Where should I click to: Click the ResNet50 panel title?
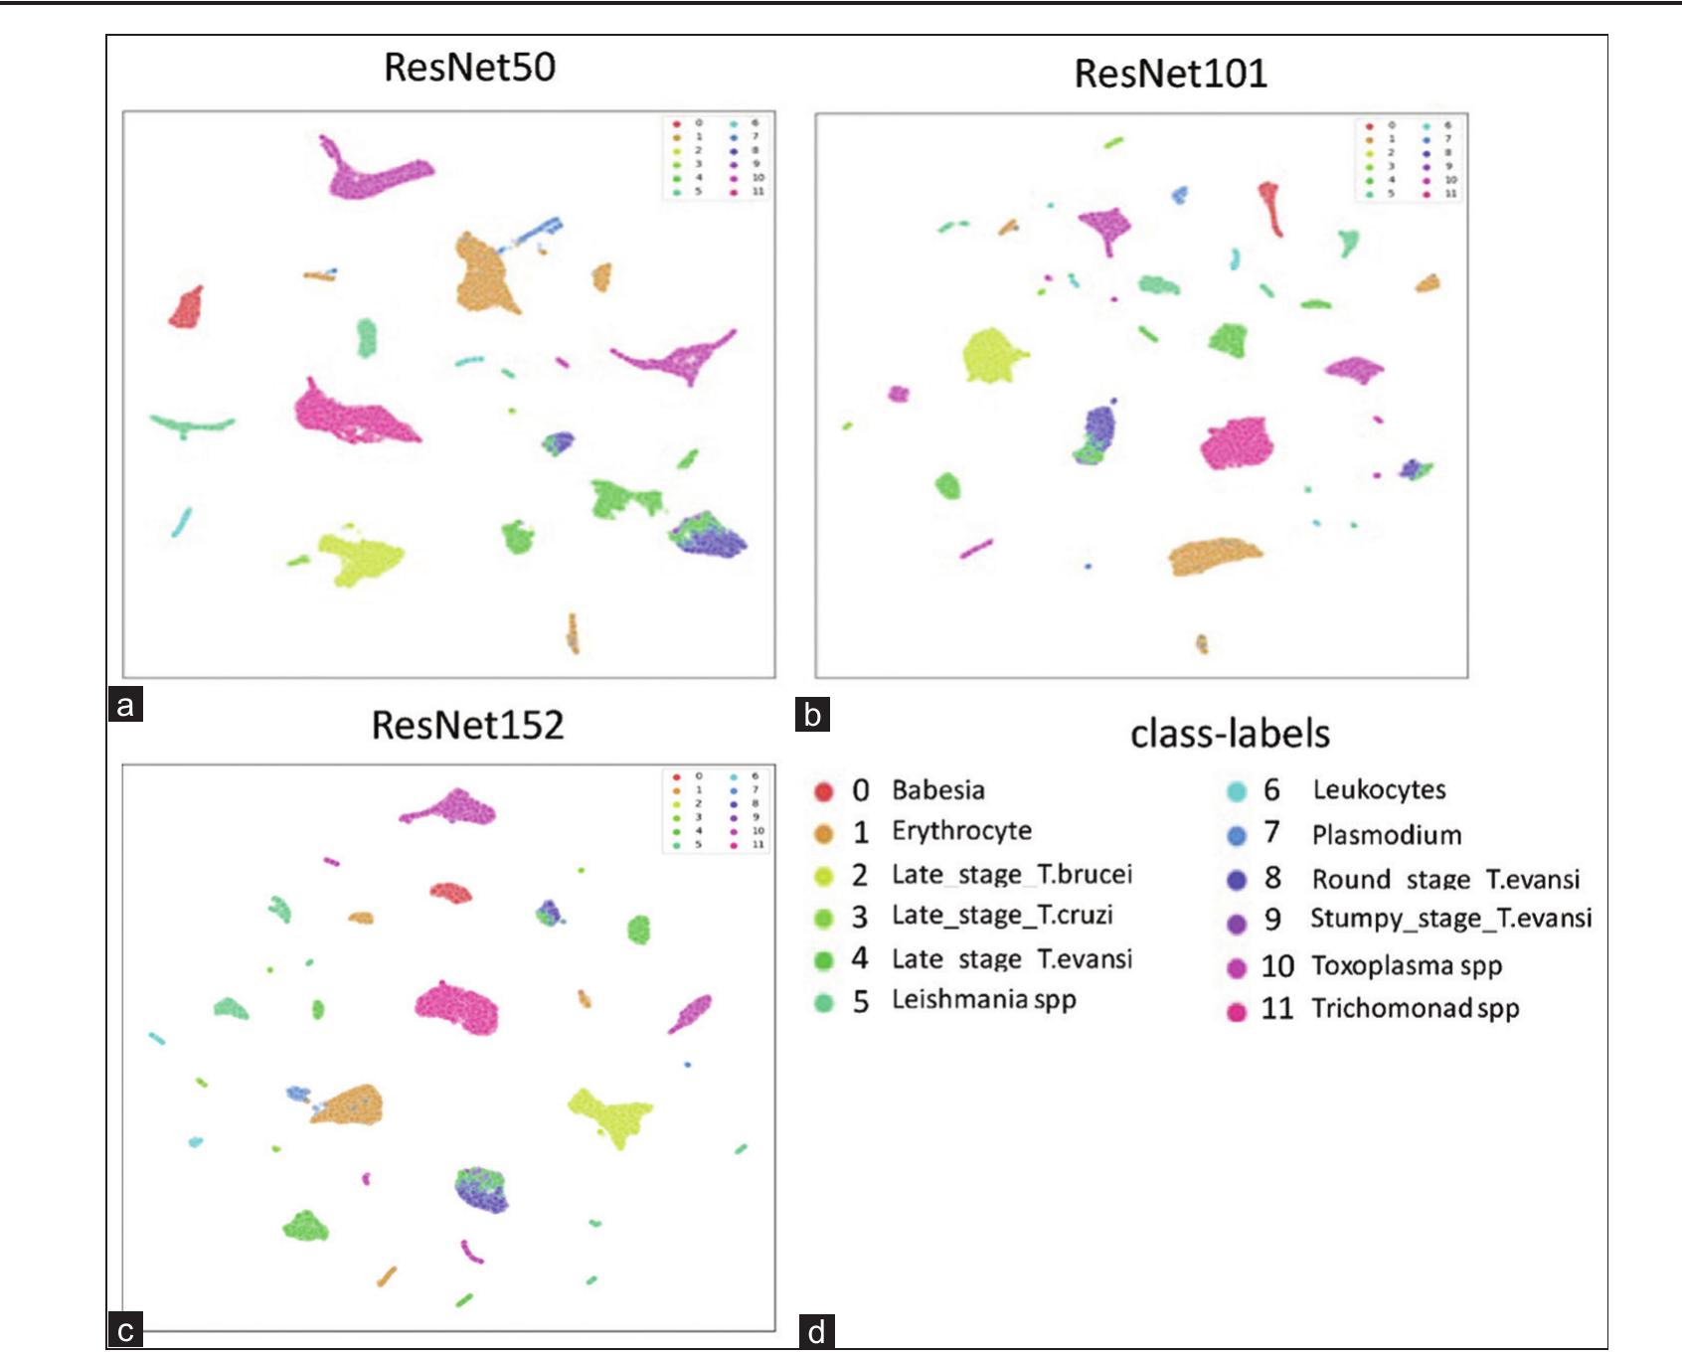click(x=469, y=68)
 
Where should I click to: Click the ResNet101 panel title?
click(x=1170, y=74)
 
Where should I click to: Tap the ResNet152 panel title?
click(x=467, y=725)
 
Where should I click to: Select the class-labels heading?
click(x=1230, y=734)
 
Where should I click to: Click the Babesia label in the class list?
click(x=937, y=790)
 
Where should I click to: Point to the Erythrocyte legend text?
click(x=961, y=831)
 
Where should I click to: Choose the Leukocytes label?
click(x=1379, y=790)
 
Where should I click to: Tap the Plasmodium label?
click(x=1386, y=835)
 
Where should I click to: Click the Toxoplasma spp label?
click(x=1406, y=965)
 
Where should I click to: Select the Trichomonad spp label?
click(x=1415, y=1008)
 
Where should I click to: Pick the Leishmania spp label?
click(x=983, y=999)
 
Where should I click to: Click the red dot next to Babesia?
click(x=823, y=791)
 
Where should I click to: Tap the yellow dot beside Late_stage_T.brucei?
click(x=823, y=876)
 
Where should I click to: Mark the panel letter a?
click(x=124, y=706)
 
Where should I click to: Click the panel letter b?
click(x=812, y=714)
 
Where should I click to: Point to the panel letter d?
click(x=816, y=1332)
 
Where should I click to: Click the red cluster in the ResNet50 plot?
click(x=186, y=308)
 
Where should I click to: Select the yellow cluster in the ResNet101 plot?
click(x=992, y=355)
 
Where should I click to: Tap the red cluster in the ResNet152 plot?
click(x=450, y=892)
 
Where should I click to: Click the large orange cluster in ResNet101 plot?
click(x=1214, y=557)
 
